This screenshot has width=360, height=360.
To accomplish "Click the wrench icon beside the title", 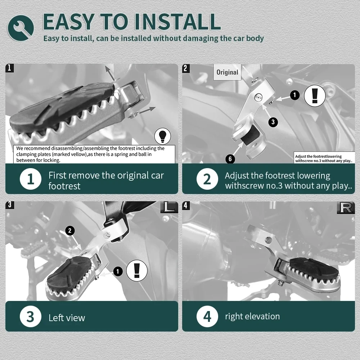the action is tap(21, 28).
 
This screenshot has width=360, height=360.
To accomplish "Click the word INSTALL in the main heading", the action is tap(177, 22).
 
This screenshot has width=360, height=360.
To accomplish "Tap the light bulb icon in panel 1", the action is tap(163, 136).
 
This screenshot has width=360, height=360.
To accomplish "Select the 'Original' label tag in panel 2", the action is tap(227, 72).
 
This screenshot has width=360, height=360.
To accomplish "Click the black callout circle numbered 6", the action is tap(230, 159).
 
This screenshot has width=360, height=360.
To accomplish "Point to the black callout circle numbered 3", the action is tap(273, 122).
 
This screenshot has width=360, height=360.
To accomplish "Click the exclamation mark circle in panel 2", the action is tap(315, 96).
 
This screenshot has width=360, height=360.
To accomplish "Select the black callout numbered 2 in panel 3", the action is tap(70, 230).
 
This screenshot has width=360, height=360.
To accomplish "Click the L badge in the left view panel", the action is tap(169, 207).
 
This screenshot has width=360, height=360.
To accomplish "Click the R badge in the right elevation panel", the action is tap(346, 208).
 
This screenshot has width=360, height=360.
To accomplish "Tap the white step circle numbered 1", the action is tap(31, 179).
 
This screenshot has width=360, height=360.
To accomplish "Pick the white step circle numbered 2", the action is tap(207, 179).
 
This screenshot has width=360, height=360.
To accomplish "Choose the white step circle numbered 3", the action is tap(31, 316).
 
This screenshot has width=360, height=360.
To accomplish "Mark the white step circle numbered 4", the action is tap(207, 316).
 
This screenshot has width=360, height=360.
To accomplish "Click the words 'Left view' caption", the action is tap(67, 318).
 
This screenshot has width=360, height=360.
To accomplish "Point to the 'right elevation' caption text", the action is tap(252, 316).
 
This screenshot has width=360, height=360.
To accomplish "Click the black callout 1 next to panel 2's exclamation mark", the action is tap(294, 95).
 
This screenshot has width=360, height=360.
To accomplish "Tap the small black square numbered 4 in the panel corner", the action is tap(186, 206).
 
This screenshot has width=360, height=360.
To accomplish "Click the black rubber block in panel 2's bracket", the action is tap(251, 136).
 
